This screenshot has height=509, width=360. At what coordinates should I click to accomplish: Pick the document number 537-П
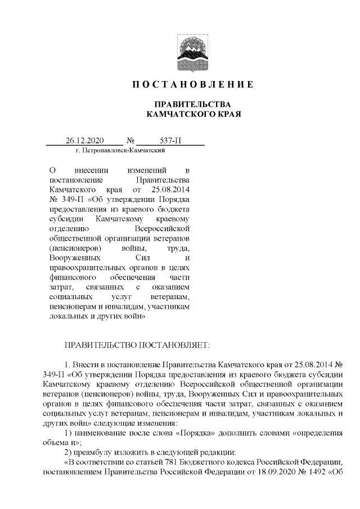click(x=170, y=141)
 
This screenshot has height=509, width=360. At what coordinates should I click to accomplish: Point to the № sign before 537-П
click(x=130, y=141)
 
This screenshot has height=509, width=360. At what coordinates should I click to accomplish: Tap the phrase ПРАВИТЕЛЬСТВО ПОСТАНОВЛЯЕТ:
click(x=137, y=343)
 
